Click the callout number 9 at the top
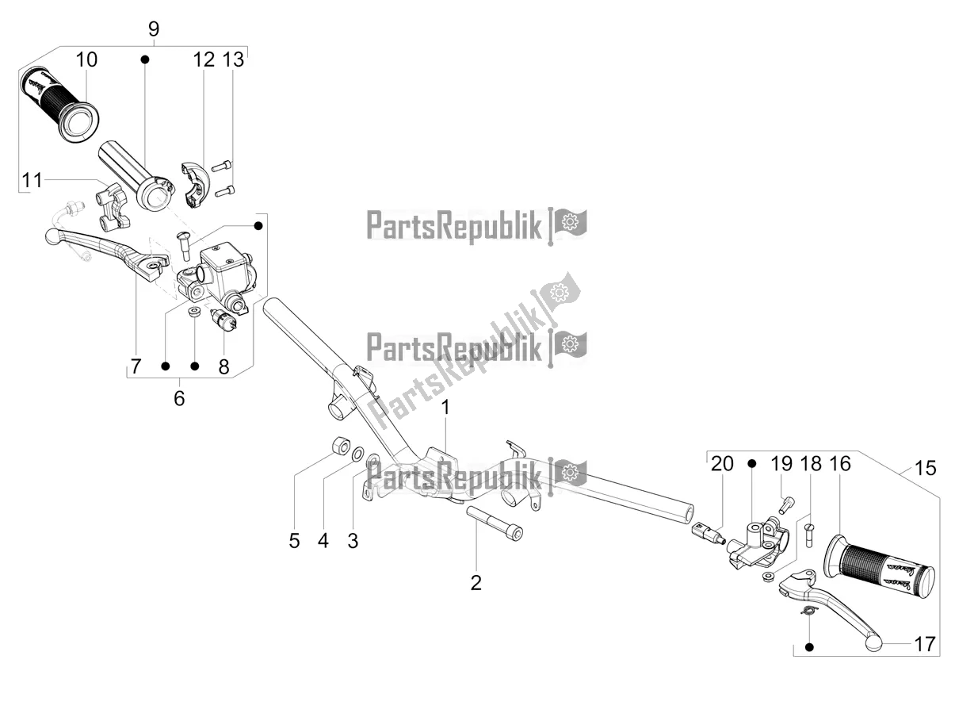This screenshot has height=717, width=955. point(153,29)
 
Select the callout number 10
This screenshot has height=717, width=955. point(87,59)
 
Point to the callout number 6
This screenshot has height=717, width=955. point(179,397)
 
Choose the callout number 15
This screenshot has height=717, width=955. point(925,468)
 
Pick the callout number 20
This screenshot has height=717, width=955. point(721,464)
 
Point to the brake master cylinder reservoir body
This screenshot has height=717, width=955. point(227,270)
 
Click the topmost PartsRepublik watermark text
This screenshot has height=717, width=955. point(455,225)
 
